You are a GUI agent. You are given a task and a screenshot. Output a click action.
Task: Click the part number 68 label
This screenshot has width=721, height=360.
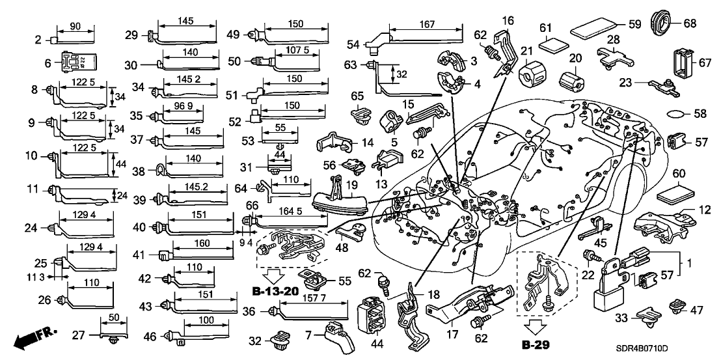click(690, 23)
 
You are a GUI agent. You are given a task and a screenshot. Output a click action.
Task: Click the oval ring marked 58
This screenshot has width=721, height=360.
click(677, 114)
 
